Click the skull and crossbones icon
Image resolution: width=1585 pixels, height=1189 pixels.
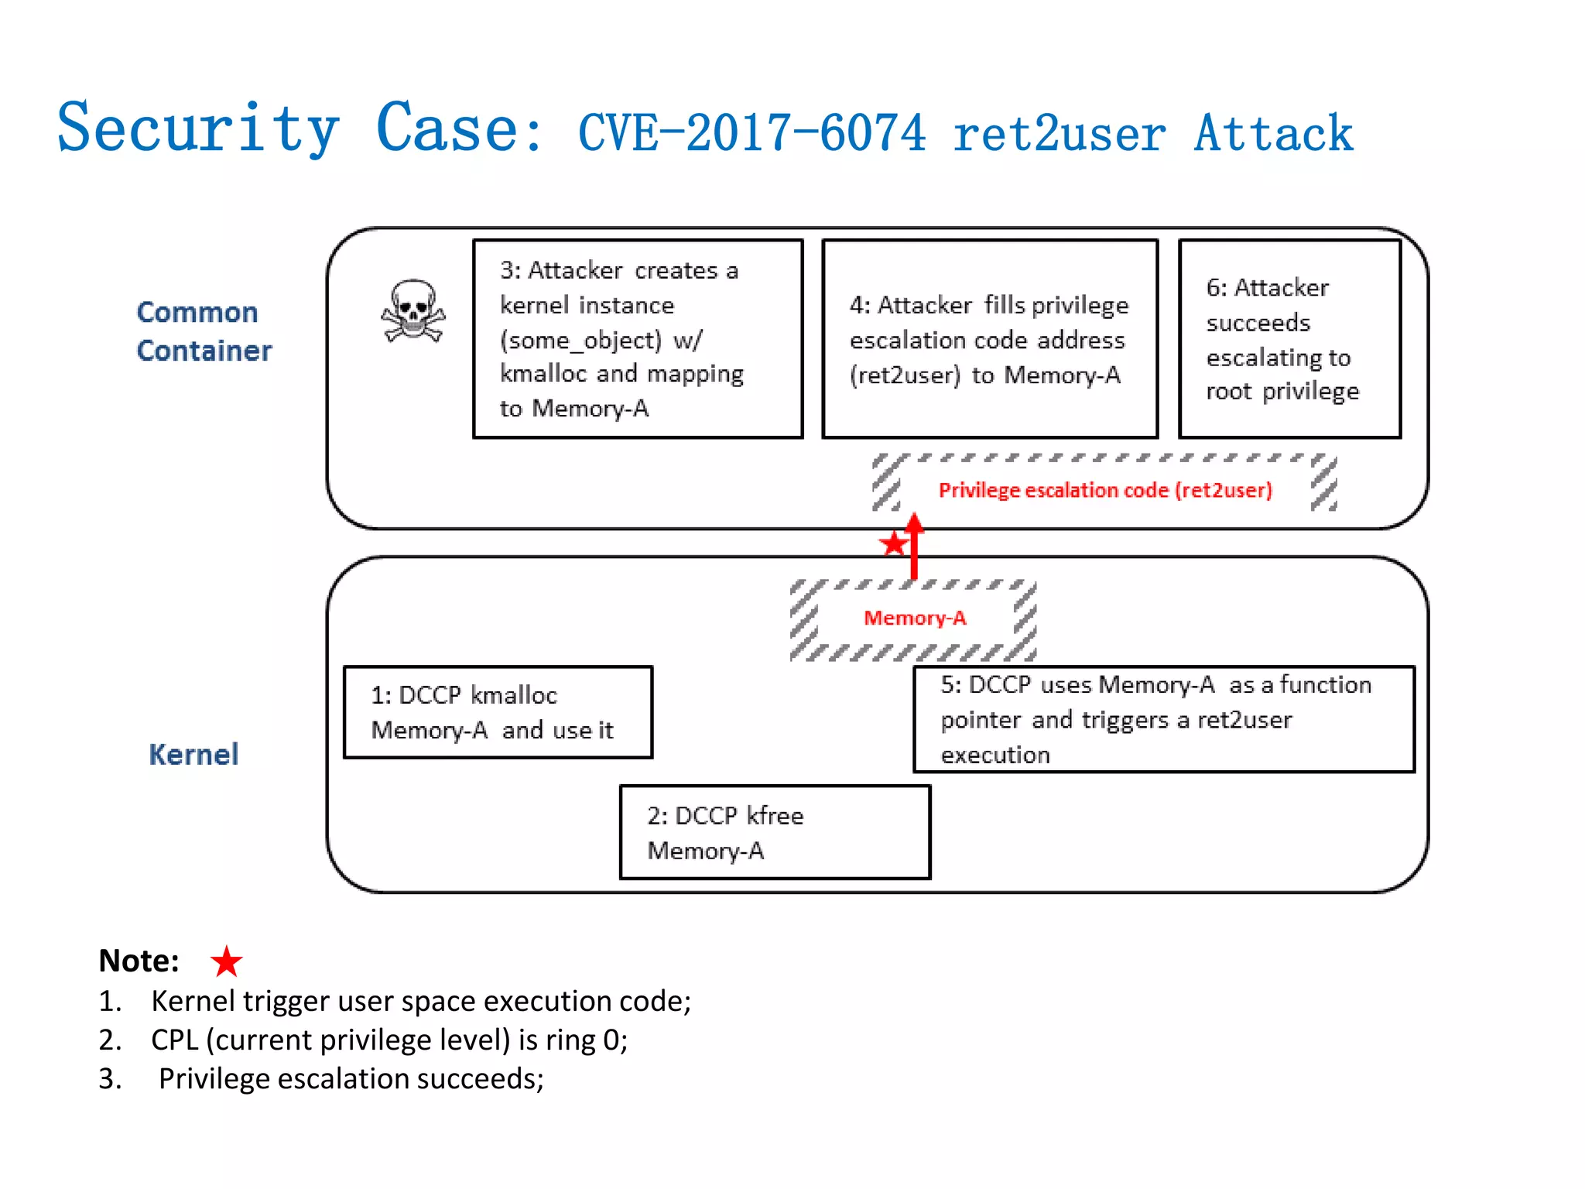pyautogui.click(x=413, y=311)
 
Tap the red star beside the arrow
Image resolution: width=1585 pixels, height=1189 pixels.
pyautogui.click(x=893, y=543)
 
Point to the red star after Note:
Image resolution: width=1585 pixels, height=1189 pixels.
pyautogui.click(x=226, y=961)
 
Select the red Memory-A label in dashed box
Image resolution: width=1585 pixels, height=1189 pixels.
pyautogui.click(x=915, y=618)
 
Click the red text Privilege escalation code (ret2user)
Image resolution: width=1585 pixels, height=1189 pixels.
pyautogui.click(x=1104, y=490)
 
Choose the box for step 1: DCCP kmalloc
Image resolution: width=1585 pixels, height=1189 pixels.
pyautogui.click(x=498, y=712)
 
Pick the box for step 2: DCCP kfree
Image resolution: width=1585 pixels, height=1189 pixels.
pyautogui.click(x=775, y=832)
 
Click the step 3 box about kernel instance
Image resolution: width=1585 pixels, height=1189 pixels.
pyautogui.click(x=638, y=339)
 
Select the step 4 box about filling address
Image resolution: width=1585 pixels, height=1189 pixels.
pyautogui.click(x=989, y=339)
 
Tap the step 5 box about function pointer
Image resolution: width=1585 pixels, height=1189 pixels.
pyautogui.click(x=1163, y=719)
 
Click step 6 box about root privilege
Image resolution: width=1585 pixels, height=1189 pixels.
pyautogui.click(x=1289, y=339)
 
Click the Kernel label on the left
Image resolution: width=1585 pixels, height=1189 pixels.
pyautogui.click(x=193, y=755)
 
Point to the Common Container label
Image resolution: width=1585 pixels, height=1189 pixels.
pyautogui.click(x=204, y=331)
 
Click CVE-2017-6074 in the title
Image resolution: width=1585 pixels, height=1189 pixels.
pyautogui.click(x=751, y=133)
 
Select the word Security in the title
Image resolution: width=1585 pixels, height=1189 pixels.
pyautogui.click(x=198, y=128)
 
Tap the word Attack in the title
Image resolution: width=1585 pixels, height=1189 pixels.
pyautogui.click(x=1273, y=133)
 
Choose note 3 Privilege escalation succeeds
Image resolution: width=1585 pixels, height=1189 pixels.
pyautogui.click(x=351, y=1078)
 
